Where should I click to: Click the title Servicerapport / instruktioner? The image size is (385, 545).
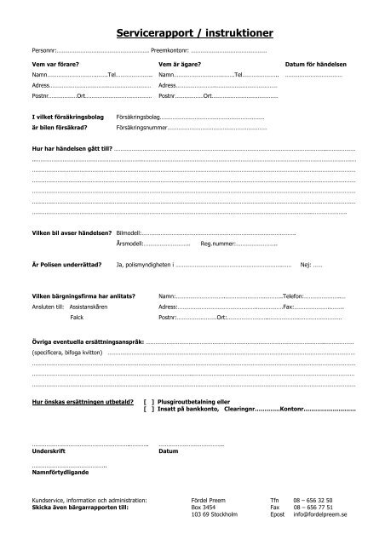click(192, 34)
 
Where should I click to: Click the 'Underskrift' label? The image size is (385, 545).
click(48, 452)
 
